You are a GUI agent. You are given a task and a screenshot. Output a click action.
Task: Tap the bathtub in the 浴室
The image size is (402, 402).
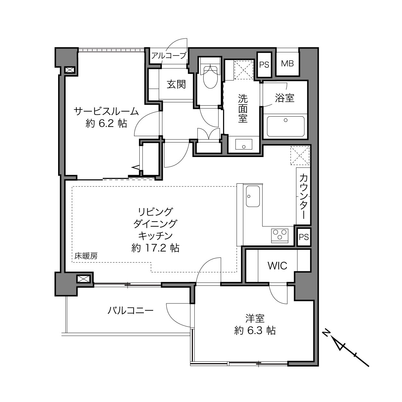(285, 126)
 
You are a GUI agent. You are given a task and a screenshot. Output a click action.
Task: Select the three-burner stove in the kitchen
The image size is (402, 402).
(280, 236)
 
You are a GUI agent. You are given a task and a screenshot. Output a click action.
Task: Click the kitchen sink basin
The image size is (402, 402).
(253, 196)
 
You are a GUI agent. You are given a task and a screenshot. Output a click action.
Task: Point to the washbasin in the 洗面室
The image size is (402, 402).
(244, 144)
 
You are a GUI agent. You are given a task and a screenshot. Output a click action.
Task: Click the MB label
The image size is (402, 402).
(287, 64)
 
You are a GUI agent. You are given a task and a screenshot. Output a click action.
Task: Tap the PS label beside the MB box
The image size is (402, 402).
(264, 65)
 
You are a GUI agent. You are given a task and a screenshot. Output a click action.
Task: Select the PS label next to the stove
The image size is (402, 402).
(304, 237)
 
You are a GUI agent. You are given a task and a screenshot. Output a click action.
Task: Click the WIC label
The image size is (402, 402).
(277, 266)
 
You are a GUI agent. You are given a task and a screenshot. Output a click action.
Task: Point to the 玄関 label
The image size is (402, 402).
(176, 84)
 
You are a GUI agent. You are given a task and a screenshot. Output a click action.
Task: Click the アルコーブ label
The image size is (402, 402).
(169, 56)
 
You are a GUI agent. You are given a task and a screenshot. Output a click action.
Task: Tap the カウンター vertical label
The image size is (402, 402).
(303, 196)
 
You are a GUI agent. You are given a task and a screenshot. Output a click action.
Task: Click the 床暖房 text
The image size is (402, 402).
(86, 256)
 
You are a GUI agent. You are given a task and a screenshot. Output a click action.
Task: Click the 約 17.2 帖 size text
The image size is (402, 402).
(155, 248)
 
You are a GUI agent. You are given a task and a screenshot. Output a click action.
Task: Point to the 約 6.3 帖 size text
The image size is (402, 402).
(255, 330)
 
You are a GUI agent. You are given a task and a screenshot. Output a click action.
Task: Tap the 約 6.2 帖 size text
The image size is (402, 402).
(106, 124)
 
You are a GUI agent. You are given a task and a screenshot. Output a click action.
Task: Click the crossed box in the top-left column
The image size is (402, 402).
(70, 70)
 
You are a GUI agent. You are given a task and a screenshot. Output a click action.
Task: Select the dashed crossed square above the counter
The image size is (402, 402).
(300, 155)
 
